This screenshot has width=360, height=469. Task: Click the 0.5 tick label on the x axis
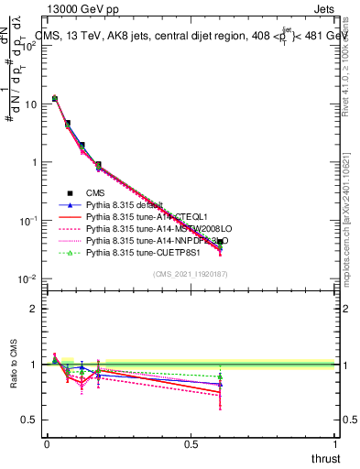click(191, 444)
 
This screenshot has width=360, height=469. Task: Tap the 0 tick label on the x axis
click(47, 444)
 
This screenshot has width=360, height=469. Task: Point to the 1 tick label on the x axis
click(334, 444)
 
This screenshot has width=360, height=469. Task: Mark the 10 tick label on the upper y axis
click(30, 104)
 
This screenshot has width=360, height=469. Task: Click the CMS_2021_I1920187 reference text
click(191, 274)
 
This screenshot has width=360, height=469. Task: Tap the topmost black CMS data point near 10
click(55, 98)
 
